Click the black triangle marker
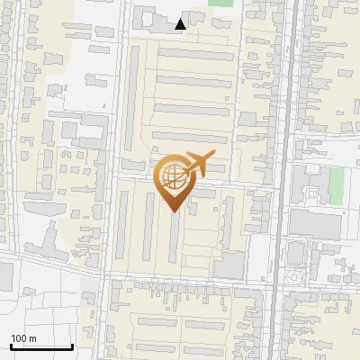(181, 24)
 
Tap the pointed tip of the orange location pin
(174, 211)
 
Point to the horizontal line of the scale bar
(41, 347)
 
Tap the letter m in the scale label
(33, 338)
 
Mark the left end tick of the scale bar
(11, 346)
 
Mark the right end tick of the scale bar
(72, 346)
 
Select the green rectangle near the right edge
(337, 185)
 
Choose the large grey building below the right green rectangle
(315, 225)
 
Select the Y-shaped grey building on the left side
(47, 238)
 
